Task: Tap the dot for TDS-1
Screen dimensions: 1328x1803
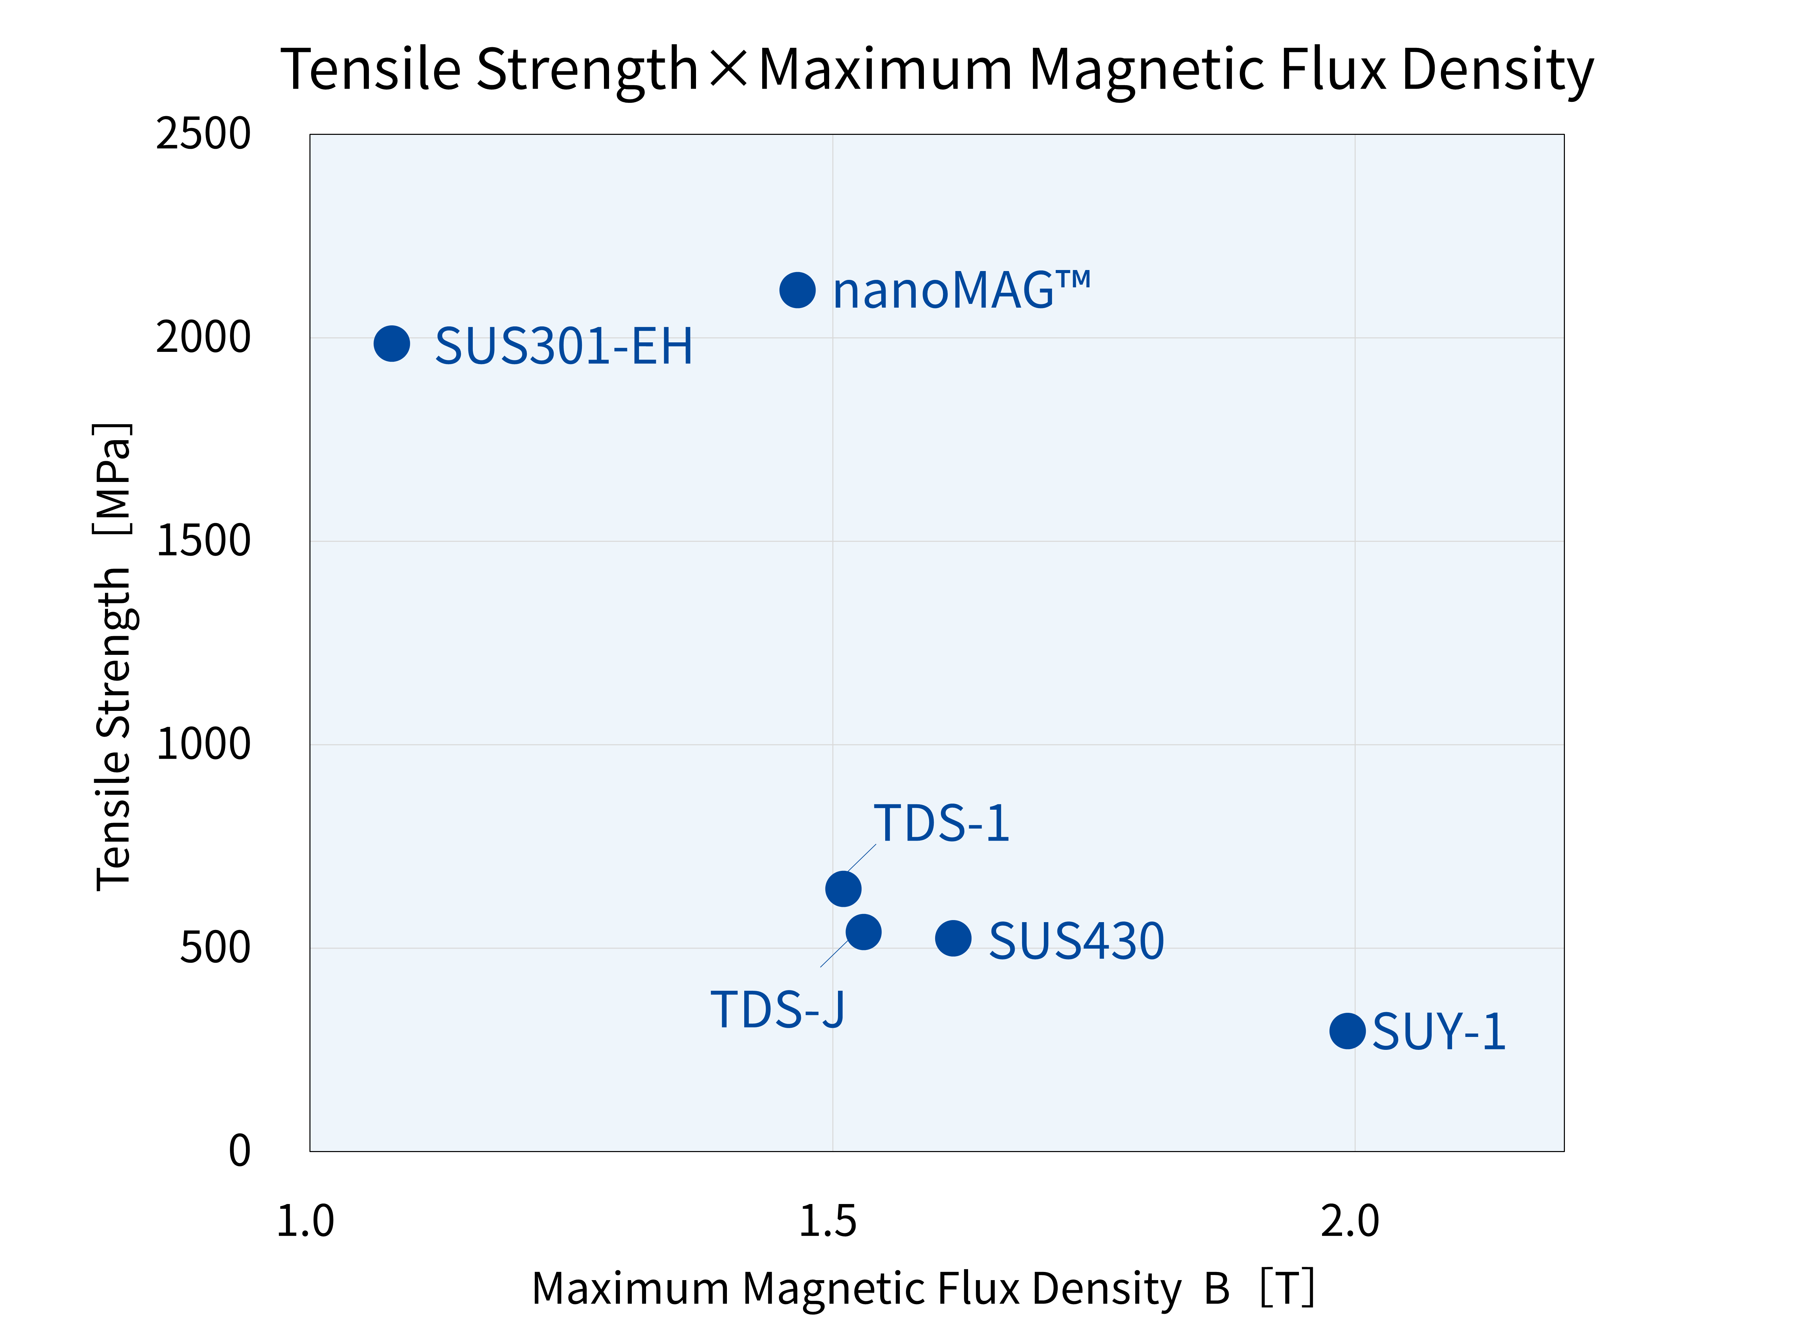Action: click(843, 888)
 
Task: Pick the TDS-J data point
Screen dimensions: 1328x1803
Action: click(863, 932)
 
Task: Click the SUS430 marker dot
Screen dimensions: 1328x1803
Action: click(953, 938)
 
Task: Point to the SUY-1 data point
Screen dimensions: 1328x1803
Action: click(1347, 1030)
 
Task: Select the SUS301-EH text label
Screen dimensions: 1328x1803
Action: click(564, 346)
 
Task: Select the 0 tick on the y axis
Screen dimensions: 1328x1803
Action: click(239, 1150)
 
